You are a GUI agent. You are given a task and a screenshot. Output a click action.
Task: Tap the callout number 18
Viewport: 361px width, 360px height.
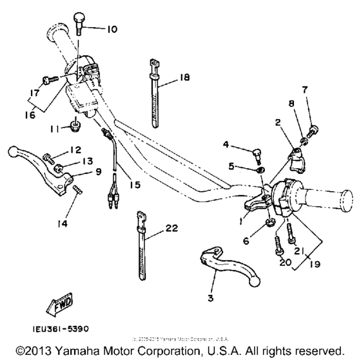pyautogui.click(x=185, y=78)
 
